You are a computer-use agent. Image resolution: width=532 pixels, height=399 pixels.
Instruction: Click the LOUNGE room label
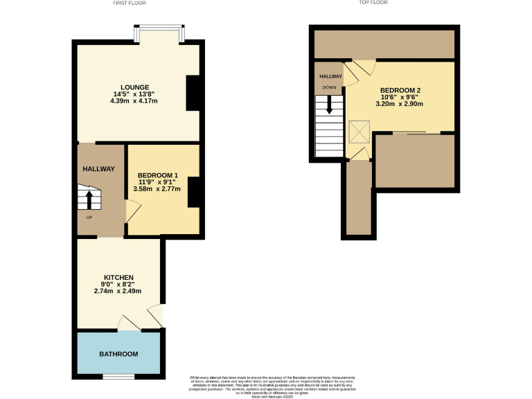(x=134, y=87)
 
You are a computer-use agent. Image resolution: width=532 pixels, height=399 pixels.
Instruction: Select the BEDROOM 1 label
(x=158, y=175)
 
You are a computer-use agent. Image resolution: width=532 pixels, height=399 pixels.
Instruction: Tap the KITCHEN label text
(x=118, y=277)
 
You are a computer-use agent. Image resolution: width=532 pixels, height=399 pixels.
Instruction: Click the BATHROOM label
(x=118, y=354)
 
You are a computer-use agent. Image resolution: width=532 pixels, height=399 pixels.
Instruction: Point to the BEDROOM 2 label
(x=400, y=90)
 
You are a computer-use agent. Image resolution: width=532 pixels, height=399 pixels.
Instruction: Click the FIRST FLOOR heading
(x=132, y=3)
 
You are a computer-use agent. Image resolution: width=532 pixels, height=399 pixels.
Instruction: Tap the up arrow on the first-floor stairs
(x=89, y=199)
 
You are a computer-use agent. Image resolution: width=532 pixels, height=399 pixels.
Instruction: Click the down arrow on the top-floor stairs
(x=329, y=105)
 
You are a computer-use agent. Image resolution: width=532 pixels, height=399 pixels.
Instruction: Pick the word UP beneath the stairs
(x=89, y=218)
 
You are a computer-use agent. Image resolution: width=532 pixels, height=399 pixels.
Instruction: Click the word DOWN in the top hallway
(x=330, y=88)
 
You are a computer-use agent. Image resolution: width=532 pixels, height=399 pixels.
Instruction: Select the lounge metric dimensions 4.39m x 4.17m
(x=134, y=101)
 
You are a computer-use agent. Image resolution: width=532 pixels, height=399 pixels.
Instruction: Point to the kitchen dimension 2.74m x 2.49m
(x=118, y=291)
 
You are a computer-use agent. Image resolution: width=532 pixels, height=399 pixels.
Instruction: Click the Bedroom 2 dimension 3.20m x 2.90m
(x=400, y=104)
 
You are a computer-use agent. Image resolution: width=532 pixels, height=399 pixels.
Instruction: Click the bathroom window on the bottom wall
(x=118, y=377)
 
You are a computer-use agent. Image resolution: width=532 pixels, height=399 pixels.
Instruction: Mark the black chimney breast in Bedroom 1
(x=194, y=192)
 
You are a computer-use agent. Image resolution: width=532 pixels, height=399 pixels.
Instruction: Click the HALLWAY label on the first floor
(x=99, y=169)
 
